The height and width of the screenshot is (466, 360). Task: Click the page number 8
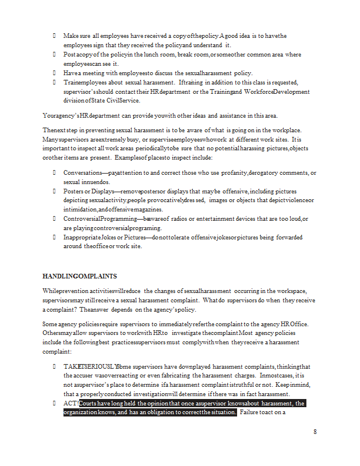pyautogui.click(x=315, y=432)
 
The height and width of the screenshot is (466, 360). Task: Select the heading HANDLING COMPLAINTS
pyautogui.click(x=80, y=276)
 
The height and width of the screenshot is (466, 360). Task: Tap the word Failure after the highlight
pyautogui.click(x=252, y=412)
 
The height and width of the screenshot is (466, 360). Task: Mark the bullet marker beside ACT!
pyautogui.click(x=53, y=403)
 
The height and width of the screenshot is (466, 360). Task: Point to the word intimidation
pyautogui.click(x=80, y=209)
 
